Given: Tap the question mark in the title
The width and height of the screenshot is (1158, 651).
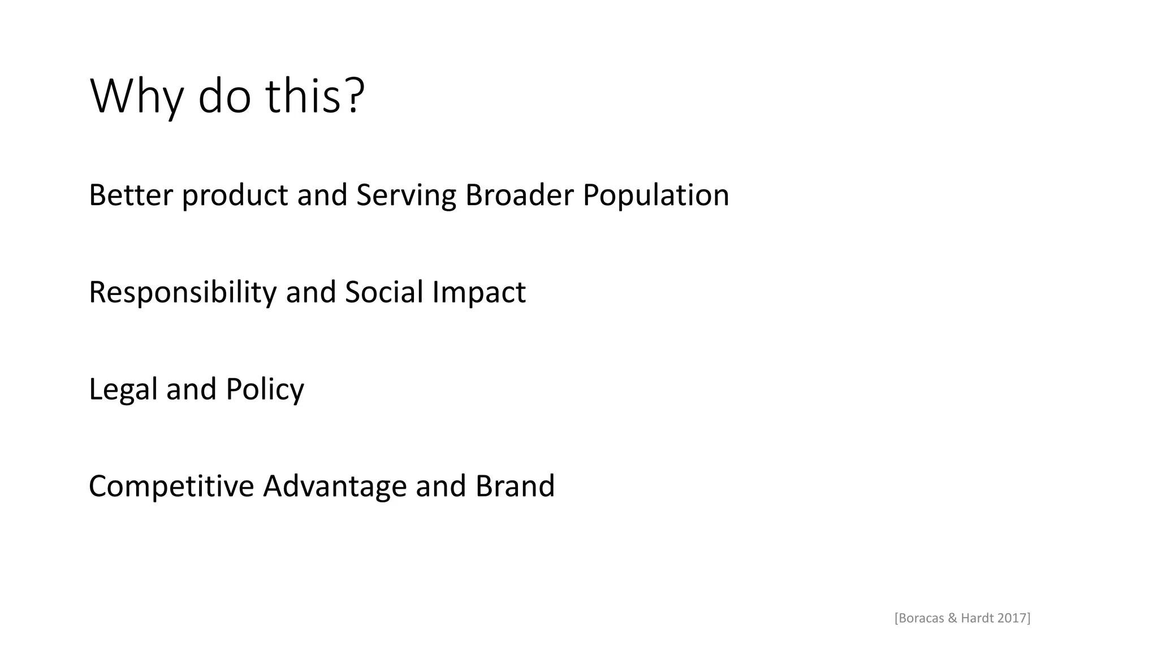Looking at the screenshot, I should pos(353,95).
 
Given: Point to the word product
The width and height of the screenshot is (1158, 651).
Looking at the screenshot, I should pos(235,196).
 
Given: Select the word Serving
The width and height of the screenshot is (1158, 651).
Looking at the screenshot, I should pos(406,196).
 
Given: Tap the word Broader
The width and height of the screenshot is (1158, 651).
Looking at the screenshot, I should pos(519,195).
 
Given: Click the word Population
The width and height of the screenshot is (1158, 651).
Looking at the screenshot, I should pos(656,196).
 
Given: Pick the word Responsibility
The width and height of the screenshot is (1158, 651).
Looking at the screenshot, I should pos(183,293).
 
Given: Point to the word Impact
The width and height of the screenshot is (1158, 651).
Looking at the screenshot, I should pos(479,293).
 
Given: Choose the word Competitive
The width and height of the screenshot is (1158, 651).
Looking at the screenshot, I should pos(171,487).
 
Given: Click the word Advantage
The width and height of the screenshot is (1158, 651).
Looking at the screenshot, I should pos(335,487).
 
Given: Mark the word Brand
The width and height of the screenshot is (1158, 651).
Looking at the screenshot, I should pos(515,485).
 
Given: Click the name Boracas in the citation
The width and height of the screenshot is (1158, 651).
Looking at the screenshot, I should pos(921,618).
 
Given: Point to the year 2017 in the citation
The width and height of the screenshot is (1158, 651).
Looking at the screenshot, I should pos(1012,618).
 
